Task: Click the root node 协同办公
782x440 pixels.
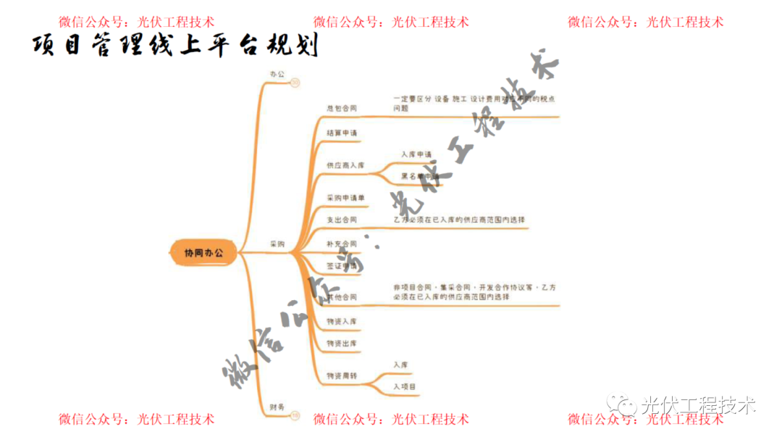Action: tap(203, 253)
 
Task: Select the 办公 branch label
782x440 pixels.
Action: tap(277, 75)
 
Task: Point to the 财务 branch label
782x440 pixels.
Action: tap(277, 407)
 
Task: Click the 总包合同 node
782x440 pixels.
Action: tap(342, 108)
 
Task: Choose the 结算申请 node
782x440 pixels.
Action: tap(342, 133)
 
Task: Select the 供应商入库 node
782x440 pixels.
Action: tap(345, 165)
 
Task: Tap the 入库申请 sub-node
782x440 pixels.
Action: tap(416, 154)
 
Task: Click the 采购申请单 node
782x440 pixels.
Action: tap(345, 198)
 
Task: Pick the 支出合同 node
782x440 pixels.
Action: tap(342, 220)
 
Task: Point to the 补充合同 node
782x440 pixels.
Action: tap(342, 244)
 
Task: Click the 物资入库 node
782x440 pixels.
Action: tap(342, 321)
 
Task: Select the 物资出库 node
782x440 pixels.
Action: tap(342, 343)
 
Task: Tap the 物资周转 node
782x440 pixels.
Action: tap(342, 376)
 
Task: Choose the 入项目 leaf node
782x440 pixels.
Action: tap(405, 388)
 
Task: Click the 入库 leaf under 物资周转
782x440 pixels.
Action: tap(400, 365)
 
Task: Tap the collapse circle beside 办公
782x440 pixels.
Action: tap(295, 83)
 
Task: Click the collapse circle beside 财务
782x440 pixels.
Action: tap(295, 415)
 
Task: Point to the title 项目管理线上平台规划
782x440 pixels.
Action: tap(175, 46)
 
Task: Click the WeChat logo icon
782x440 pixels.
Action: tap(621, 404)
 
